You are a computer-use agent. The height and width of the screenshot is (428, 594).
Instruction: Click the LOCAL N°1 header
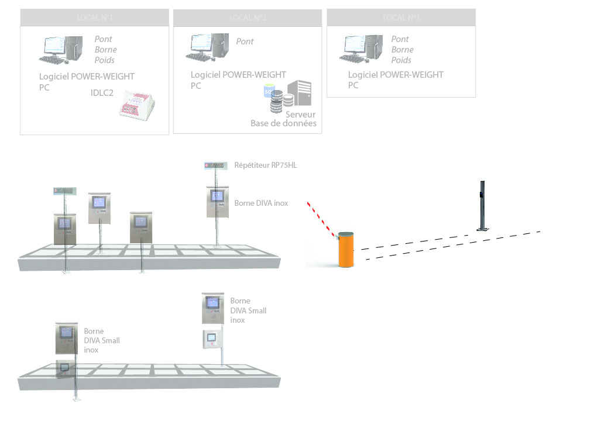[x=94, y=18]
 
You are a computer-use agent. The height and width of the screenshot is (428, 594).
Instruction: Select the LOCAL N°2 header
[x=248, y=18]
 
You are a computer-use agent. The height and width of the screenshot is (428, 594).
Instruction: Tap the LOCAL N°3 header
[x=401, y=18]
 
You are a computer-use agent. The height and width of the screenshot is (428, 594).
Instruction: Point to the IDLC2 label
[x=102, y=93]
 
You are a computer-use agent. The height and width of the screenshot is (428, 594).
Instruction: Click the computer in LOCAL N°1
[x=61, y=50]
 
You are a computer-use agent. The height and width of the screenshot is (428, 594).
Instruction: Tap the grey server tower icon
[x=299, y=94]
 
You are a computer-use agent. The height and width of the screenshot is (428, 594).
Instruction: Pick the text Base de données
[x=283, y=123]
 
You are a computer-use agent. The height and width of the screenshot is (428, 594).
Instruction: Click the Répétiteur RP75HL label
[x=265, y=165]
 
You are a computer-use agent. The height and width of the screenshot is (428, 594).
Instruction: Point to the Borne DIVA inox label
[x=261, y=203]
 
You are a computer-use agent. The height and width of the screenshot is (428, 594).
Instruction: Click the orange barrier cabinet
[x=346, y=250]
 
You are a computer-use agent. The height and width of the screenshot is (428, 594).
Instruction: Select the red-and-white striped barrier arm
[x=321, y=219]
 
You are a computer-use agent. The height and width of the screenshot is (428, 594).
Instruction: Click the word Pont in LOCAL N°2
[x=245, y=42]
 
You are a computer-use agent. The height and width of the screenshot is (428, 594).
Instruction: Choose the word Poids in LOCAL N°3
[x=401, y=60]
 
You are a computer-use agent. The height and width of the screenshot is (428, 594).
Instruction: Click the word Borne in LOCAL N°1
[x=105, y=50]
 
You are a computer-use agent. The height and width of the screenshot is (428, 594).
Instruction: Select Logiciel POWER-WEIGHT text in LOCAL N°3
[x=396, y=75]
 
